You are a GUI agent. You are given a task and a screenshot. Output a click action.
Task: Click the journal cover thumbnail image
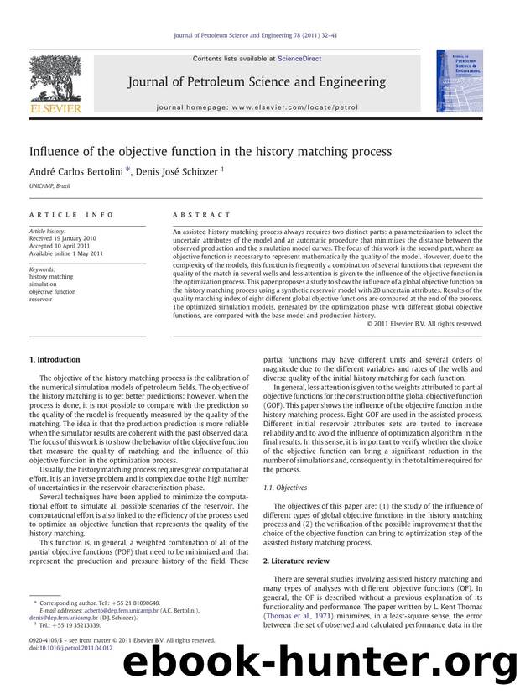pos(453,81)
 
